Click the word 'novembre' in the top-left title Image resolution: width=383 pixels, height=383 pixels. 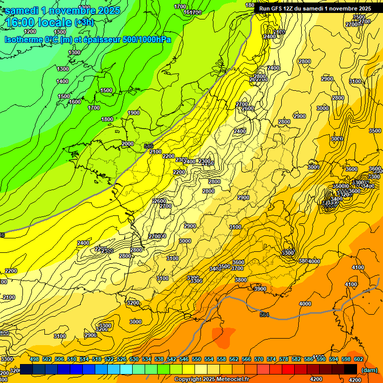[75, 10]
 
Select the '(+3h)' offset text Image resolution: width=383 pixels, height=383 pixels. [84, 23]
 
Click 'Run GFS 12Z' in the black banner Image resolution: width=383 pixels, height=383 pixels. [278, 8]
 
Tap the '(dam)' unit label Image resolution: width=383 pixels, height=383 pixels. [369, 370]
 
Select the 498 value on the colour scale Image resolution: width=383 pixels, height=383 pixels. [34, 359]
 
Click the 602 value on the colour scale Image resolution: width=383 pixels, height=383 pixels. [359, 359]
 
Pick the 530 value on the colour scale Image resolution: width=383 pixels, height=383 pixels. [134, 359]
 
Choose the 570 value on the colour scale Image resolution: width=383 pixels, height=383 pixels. [259, 359]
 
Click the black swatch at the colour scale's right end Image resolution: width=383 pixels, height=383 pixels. [351, 369]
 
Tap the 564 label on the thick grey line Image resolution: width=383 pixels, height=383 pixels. [264, 314]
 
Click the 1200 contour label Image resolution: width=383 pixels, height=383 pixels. [30, 32]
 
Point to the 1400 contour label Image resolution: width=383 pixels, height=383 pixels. [62, 81]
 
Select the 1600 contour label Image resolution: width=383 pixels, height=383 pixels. [75, 102]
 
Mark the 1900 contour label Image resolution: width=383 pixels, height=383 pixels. [134, 113]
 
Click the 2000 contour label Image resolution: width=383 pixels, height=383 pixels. [128, 144]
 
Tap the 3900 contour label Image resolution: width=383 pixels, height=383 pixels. [260, 289]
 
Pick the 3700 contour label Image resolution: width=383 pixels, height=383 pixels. [238, 268]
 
